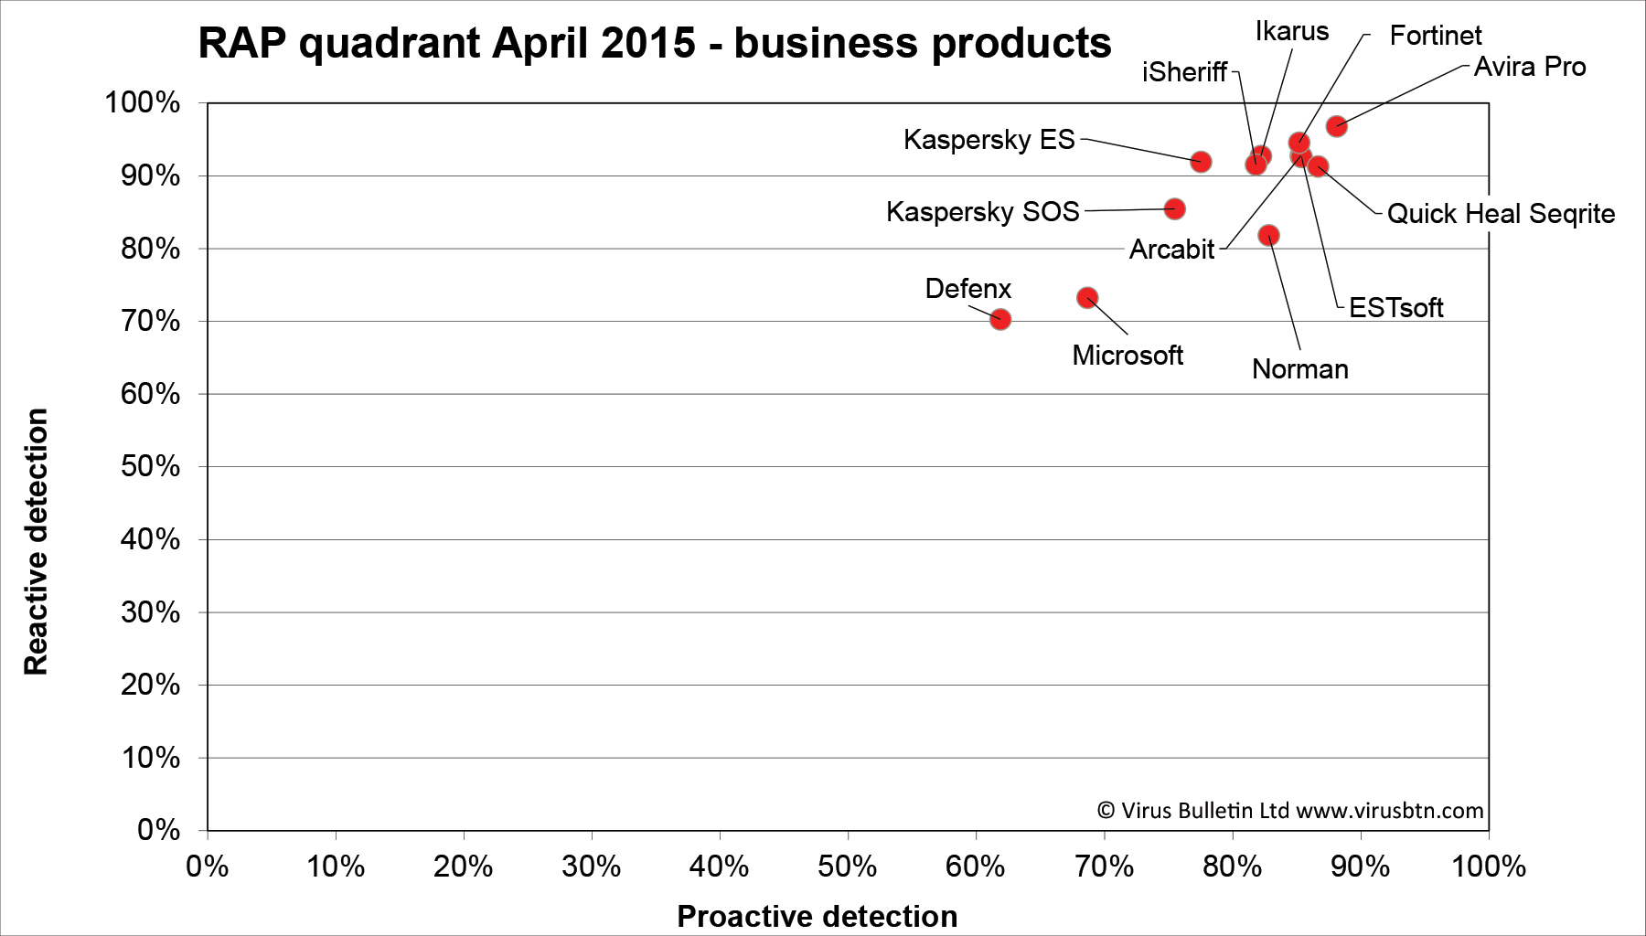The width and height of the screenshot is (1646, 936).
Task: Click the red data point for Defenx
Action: pos(1000,319)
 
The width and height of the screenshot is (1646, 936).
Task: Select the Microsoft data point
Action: pos(1087,298)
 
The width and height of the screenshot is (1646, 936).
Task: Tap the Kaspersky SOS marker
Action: pos(1175,209)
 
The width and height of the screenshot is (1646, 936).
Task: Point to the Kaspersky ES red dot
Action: pos(1202,162)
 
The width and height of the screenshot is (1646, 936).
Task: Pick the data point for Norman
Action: pos(1269,236)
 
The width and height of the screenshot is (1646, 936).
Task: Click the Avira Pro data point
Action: pos(1337,126)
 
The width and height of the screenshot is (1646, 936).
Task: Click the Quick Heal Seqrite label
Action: pos(1501,214)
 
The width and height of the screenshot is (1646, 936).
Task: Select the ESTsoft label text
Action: pos(1395,308)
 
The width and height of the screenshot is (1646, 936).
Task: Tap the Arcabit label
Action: pos(1171,250)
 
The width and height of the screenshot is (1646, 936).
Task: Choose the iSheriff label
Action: pos(1184,72)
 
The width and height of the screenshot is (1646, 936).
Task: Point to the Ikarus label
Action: pos(1291,32)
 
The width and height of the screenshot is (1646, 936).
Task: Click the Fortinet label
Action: pos(1436,36)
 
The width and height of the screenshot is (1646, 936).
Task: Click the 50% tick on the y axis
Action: pos(150,467)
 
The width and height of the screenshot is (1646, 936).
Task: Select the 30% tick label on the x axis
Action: pos(592,867)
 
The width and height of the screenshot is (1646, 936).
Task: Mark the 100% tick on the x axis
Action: pos(1489,867)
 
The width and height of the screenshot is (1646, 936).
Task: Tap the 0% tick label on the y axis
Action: pos(158,830)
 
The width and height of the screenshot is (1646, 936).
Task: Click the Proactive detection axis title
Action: pos(817,916)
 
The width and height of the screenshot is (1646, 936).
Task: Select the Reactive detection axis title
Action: pos(36,542)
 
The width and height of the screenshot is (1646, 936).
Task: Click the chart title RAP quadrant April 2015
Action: pos(654,43)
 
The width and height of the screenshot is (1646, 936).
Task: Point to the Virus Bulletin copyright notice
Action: pos(1289,811)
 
